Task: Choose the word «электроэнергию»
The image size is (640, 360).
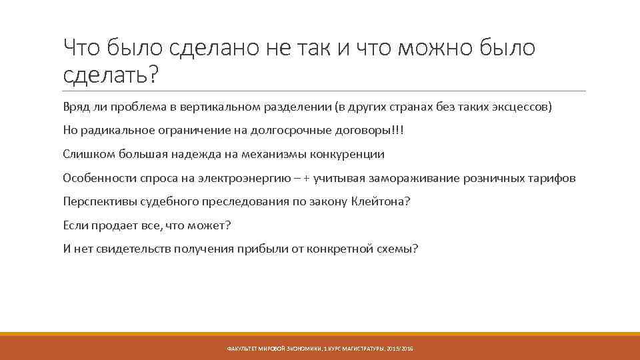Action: (251, 178)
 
